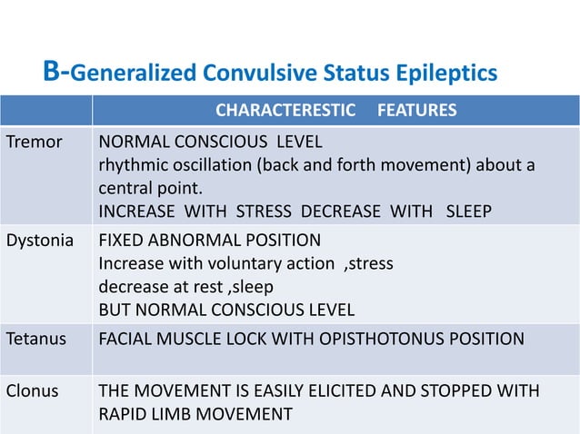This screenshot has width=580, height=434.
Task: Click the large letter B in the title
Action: [x=52, y=71]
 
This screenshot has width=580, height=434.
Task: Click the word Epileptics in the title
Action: [x=450, y=72]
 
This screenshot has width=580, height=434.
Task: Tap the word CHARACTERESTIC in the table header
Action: [x=285, y=112]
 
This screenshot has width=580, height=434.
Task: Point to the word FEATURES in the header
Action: [x=417, y=112]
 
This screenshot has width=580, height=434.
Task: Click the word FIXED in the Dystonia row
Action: [x=121, y=241]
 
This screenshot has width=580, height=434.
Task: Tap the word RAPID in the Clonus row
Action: [x=122, y=415]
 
